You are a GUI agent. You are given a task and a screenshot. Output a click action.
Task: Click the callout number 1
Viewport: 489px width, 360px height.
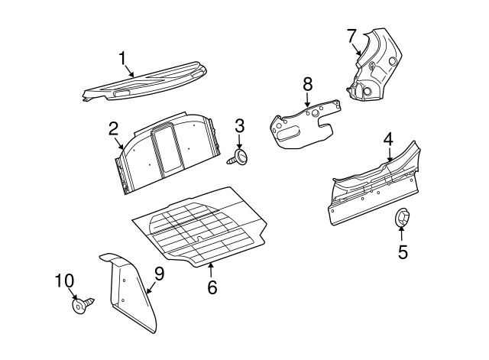122,59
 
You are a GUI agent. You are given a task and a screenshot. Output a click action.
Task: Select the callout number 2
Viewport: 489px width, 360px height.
112,128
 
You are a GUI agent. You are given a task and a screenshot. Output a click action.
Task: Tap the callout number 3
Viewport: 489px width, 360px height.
239,125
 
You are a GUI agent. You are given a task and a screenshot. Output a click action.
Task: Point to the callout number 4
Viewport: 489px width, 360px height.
388,139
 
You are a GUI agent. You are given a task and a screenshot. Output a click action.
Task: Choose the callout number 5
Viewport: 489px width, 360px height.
403,251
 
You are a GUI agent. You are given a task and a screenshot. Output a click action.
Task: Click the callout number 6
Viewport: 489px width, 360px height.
212,287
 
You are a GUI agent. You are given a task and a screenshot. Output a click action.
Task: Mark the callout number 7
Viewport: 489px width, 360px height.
351,36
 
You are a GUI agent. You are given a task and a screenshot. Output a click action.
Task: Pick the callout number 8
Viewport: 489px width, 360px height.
307,84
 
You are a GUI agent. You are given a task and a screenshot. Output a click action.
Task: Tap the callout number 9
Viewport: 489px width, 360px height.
159,273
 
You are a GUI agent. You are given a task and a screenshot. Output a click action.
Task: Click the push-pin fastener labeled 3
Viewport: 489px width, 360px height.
241,157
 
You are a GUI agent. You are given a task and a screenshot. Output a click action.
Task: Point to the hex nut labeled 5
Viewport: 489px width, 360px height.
402,219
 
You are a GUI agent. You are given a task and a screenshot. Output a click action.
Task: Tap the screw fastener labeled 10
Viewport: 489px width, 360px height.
82,306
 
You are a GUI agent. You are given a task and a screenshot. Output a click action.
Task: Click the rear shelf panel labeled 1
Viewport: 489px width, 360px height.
145,83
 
